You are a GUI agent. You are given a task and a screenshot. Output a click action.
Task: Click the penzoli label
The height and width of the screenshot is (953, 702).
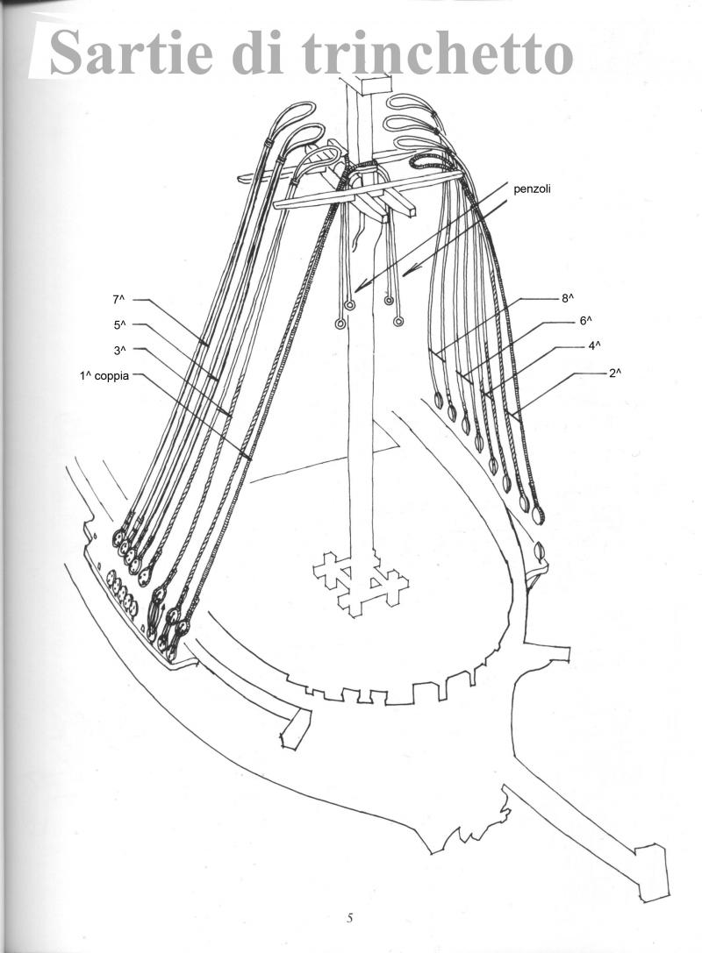pos(533,189)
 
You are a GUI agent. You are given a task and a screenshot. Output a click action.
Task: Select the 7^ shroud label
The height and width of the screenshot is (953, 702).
pos(118,299)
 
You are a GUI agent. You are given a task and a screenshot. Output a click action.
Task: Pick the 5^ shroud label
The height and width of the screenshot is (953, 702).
pos(119,324)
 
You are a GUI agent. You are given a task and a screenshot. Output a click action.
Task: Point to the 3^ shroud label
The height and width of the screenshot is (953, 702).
pos(119,350)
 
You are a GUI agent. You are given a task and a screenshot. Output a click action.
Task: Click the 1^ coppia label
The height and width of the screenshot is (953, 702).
pos(104,375)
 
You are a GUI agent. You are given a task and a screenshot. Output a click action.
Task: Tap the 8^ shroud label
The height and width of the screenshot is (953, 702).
pos(568,298)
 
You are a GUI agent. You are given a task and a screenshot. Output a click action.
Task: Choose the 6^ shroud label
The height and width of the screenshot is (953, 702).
pos(586,321)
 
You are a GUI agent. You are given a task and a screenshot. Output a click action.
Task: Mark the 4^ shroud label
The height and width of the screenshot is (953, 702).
pos(594,345)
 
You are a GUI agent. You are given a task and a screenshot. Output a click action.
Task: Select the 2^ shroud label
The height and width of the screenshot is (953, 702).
pos(615,373)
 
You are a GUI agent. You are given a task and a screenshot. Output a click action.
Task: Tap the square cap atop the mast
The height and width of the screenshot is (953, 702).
pos(372,84)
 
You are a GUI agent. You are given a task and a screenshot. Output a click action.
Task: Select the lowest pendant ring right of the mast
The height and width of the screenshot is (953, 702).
pos(398,322)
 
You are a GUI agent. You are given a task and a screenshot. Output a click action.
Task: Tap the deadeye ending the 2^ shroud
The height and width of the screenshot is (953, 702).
pos(539,514)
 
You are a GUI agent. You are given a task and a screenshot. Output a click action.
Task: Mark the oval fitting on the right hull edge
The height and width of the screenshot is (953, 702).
pos(539,553)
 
